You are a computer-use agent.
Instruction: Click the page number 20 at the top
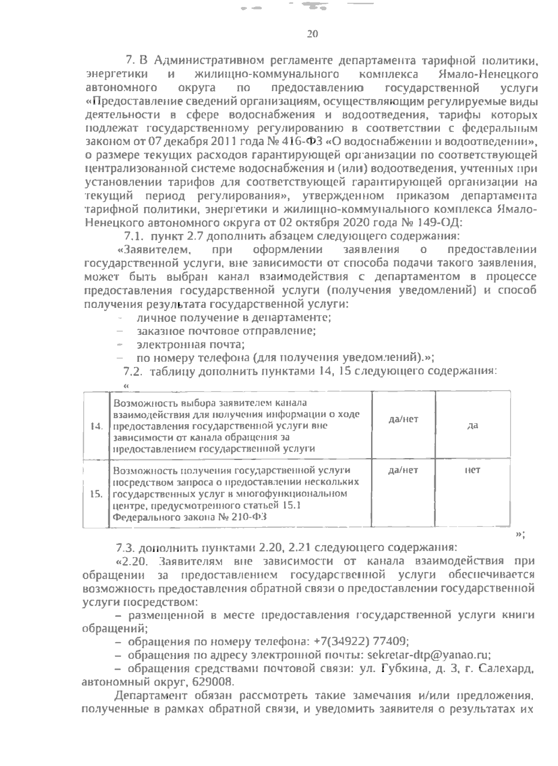click(x=312, y=33)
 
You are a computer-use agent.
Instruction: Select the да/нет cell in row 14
click(x=403, y=420)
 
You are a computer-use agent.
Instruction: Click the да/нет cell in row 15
click(x=403, y=470)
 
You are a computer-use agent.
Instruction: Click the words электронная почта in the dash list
click(x=191, y=345)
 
